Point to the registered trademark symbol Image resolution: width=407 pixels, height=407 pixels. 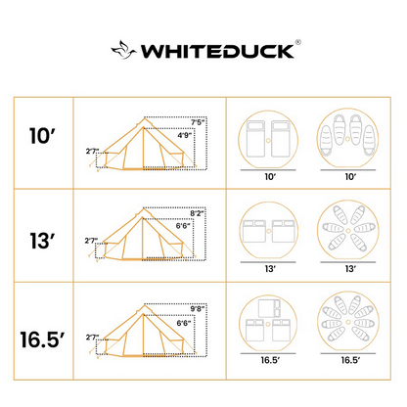coord(298,42)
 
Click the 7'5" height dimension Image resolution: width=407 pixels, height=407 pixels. coord(198,122)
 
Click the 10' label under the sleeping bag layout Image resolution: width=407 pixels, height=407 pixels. coord(343,179)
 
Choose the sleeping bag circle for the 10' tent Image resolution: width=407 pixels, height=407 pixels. coord(343,137)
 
